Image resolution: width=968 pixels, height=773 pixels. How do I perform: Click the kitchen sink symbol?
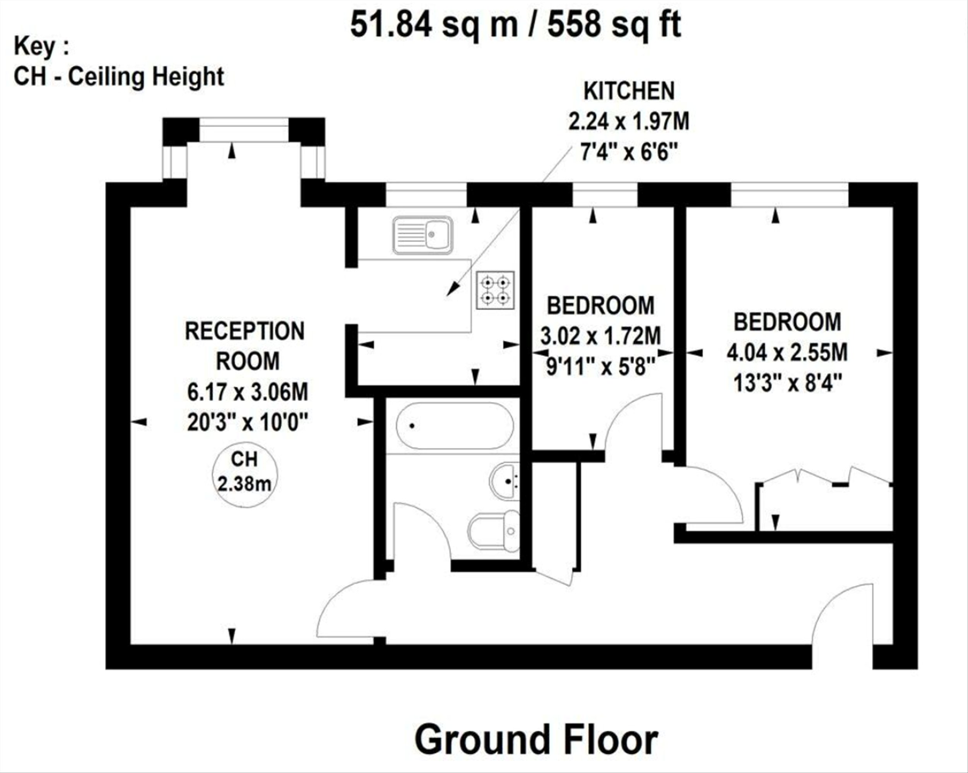[422, 235]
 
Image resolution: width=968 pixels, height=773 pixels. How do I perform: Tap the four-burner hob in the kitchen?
[495, 290]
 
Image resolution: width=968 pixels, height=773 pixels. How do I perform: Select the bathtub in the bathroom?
[454, 426]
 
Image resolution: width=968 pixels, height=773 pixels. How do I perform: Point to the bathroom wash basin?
[505, 481]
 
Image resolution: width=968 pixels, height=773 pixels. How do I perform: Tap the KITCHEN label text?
[629, 92]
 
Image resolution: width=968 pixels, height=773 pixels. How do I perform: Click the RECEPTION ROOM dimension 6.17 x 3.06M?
[247, 392]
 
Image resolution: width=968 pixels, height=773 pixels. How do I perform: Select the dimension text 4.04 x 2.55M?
[787, 353]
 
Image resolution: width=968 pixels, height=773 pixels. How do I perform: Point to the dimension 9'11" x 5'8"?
[601, 368]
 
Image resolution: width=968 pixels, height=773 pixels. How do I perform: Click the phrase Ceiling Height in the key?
[145, 76]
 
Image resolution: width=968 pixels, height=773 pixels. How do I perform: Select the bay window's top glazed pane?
[243, 130]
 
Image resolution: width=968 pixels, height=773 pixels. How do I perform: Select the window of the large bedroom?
[789, 195]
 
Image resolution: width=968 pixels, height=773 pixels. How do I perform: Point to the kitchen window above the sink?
[426, 195]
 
